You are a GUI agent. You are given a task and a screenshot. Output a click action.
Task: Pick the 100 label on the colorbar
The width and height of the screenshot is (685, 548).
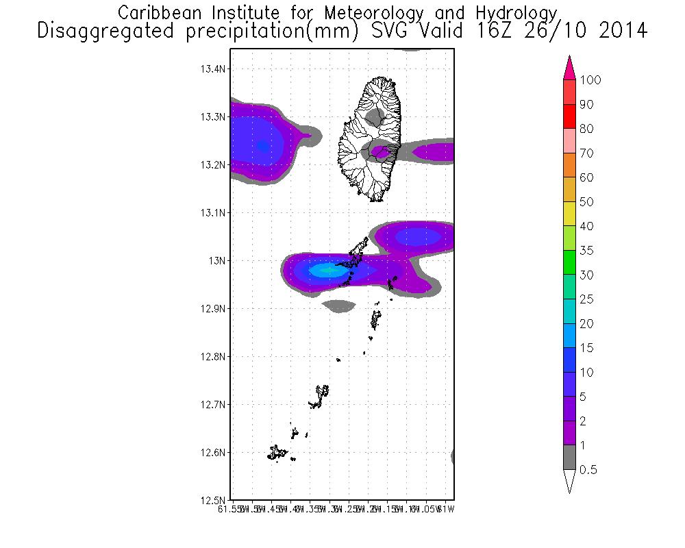590,80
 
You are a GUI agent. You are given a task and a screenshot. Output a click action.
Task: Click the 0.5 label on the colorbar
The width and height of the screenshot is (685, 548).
587,470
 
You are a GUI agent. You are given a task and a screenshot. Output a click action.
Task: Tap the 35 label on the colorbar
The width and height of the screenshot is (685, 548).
586,251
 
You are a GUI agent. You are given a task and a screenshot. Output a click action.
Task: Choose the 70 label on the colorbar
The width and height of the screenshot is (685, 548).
586,153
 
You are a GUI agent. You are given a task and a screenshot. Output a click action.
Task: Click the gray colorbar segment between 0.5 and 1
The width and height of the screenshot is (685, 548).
569,458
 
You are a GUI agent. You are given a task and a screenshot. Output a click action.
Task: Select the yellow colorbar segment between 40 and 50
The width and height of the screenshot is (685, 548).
569,214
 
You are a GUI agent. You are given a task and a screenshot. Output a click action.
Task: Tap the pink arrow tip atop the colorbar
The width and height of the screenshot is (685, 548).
569,67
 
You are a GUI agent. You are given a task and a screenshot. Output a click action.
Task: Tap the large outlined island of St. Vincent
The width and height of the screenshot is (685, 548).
370,137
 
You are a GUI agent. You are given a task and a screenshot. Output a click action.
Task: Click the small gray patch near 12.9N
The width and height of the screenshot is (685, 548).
339,306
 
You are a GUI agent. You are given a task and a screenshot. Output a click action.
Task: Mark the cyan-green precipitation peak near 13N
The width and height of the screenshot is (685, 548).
327,271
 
